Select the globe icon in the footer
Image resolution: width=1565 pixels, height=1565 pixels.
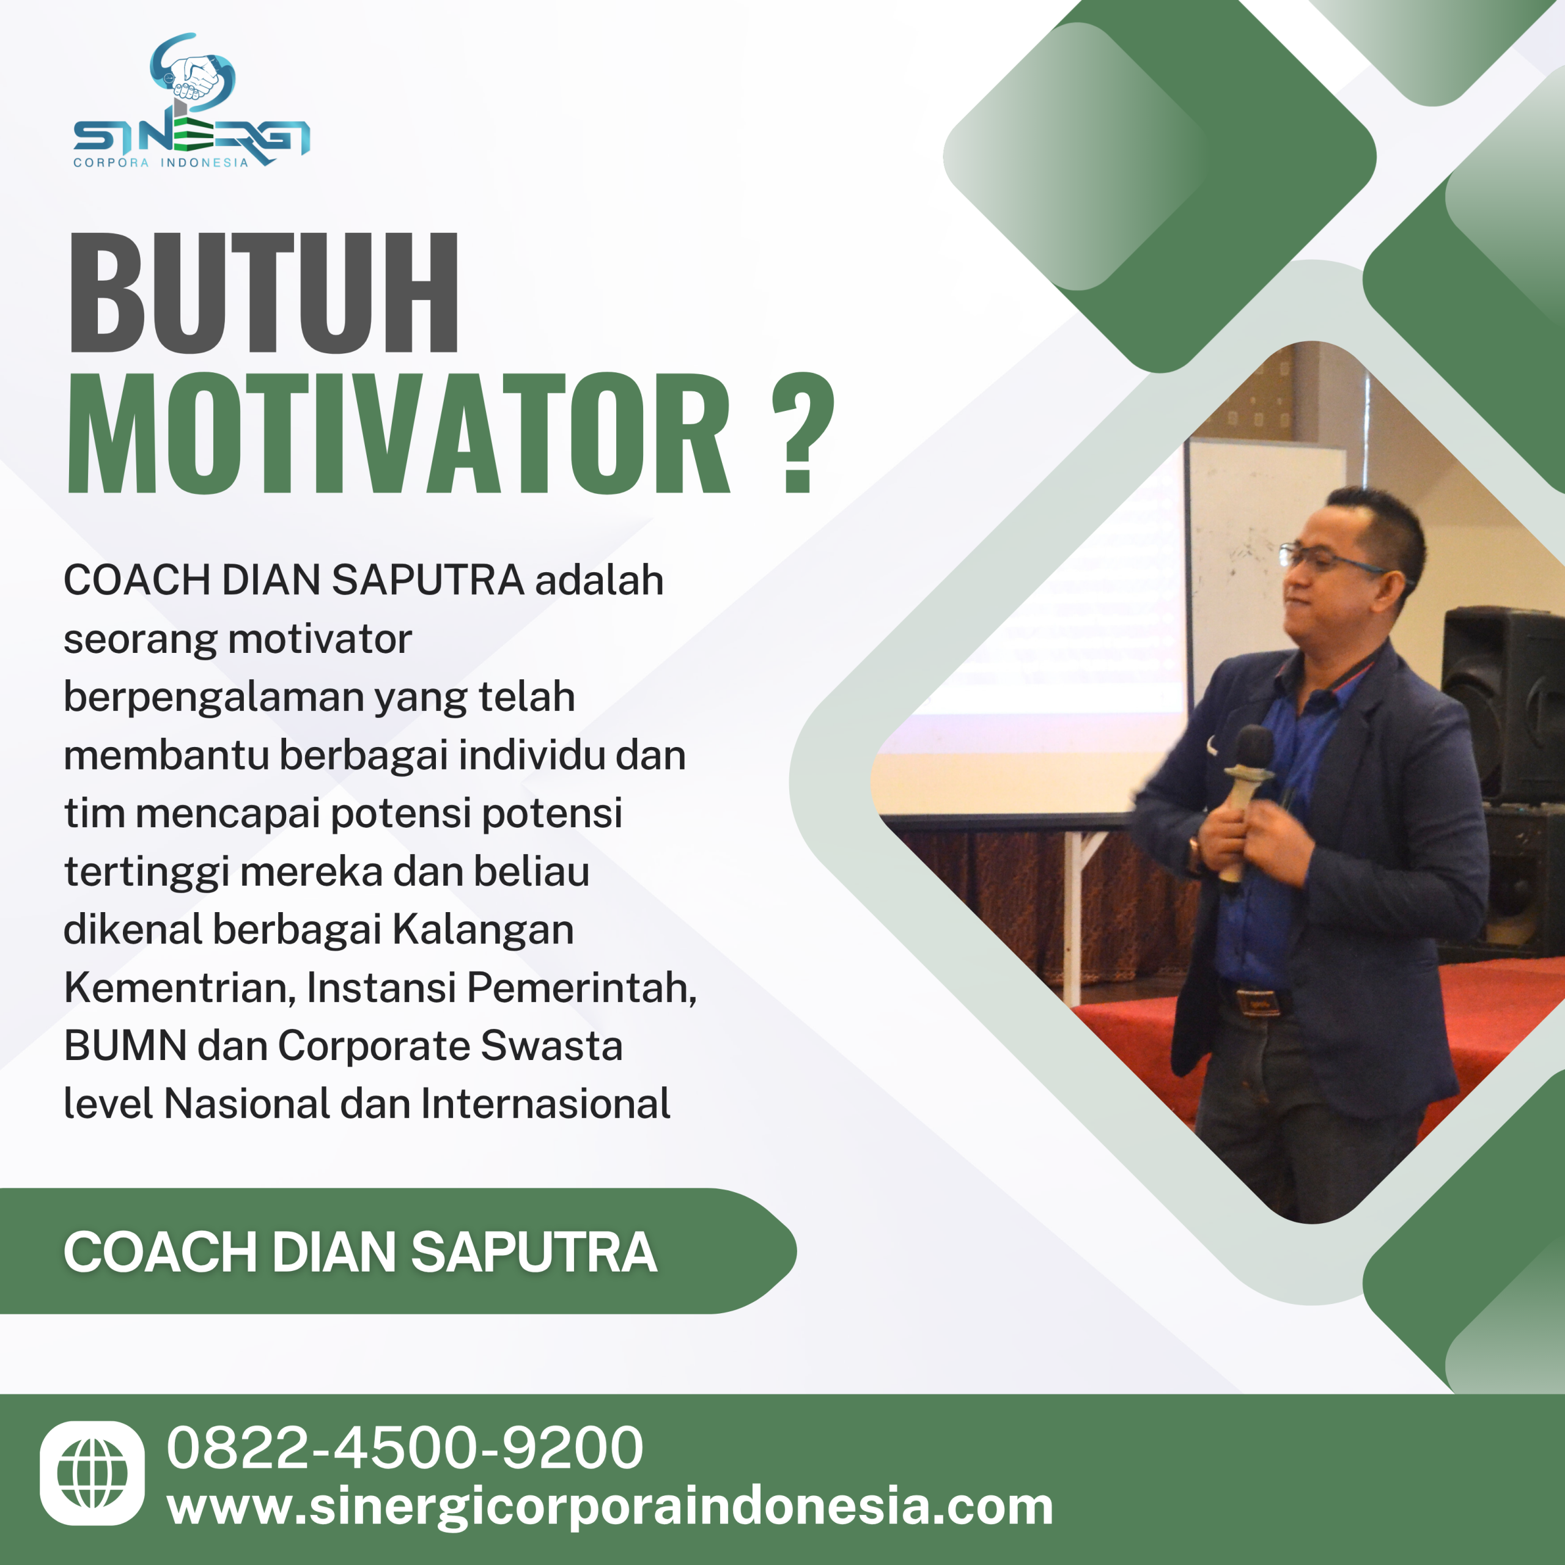[92, 1473]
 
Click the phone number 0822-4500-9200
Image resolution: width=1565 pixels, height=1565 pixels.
[405, 1448]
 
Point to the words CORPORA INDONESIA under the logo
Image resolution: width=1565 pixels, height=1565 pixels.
[160, 163]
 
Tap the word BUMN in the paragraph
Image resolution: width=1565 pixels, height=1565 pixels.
[125, 1046]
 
